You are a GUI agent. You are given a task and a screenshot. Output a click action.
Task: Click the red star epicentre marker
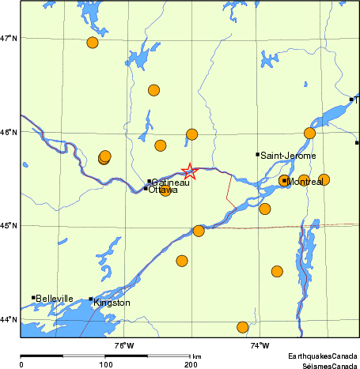coord(189,171)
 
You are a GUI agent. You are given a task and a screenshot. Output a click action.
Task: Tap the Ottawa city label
coord(163,190)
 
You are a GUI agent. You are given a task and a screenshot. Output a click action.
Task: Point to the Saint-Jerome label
coord(288,156)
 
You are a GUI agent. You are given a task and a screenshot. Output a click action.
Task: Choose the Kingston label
coord(112,303)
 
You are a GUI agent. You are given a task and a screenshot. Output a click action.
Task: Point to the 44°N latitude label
coord(9,319)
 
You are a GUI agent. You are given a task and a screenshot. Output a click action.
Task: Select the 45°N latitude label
coord(9,226)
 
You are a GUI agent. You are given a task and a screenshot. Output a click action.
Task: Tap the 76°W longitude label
coord(123,345)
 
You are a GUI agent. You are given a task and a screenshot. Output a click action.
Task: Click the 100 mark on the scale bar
coord(105,364)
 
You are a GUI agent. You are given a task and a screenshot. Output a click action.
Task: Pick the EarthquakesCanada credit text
coord(322,357)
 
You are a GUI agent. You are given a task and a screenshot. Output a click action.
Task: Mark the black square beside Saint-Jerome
coord(257,154)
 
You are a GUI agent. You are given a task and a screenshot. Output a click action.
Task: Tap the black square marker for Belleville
coord(33,298)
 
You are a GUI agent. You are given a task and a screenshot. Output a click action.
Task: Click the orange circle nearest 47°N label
coord(93,43)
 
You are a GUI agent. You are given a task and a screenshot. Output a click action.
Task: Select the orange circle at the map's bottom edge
coord(243,327)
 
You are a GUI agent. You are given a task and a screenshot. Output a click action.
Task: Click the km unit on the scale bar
coord(196,357)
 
